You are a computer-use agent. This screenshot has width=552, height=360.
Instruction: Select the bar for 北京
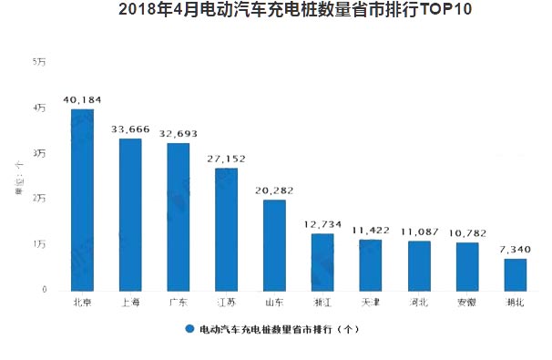(x=82, y=200)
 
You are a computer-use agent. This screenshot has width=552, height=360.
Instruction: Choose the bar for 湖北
(x=515, y=274)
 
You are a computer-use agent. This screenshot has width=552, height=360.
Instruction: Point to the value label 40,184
(x=82, y=98)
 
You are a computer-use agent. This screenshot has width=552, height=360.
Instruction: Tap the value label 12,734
(x=322, y=222)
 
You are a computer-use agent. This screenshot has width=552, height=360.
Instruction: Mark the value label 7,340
(x=515, y=247)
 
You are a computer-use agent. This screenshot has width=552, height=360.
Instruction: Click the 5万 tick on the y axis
(x=39, y=61)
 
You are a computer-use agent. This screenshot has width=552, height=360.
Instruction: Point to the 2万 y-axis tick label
(x=39, y=198)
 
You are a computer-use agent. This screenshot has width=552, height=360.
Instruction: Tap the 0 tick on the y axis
(x=43, y=290)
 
